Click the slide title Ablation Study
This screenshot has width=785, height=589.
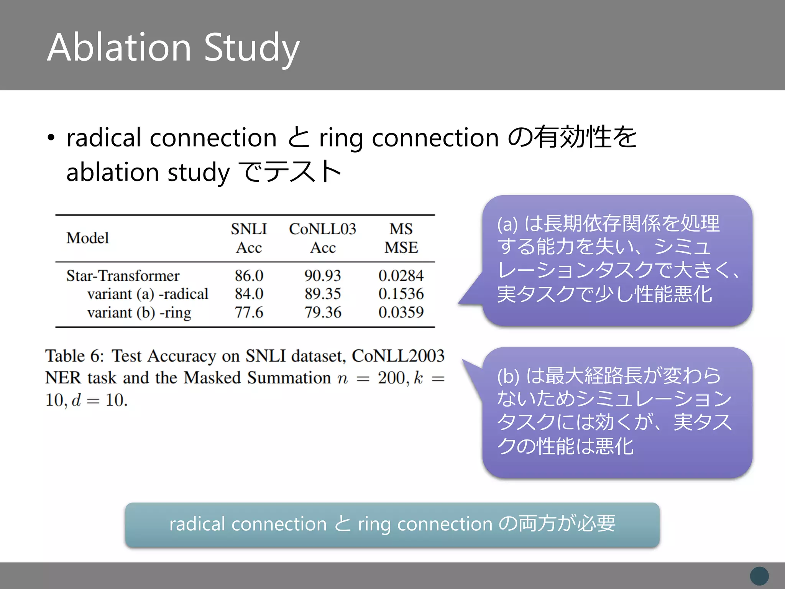click(173, 48)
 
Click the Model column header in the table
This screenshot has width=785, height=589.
click(87, 238)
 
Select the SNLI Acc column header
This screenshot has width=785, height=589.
click(249, 238)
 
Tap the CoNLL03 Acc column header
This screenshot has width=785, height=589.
click(322, 238)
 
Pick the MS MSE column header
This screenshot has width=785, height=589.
click(401, 238)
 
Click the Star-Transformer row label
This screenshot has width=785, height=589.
click(123, 276)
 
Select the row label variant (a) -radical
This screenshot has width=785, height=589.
click(148, 294)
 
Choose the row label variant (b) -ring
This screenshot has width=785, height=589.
click(139, 313)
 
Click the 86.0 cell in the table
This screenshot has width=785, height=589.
click(249, 276)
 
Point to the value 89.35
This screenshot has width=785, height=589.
click(322, 294)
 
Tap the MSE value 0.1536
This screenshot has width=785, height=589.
click(401, 294)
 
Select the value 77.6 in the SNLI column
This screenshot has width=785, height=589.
click(249, 313)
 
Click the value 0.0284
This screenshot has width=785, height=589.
click(401, 276)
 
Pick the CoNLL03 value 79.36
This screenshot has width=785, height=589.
click(322, 313)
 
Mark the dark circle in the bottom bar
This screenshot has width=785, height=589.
click(759, 576)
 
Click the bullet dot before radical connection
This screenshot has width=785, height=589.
click(51, 138)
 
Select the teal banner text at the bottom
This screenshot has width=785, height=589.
click(392, 524)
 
